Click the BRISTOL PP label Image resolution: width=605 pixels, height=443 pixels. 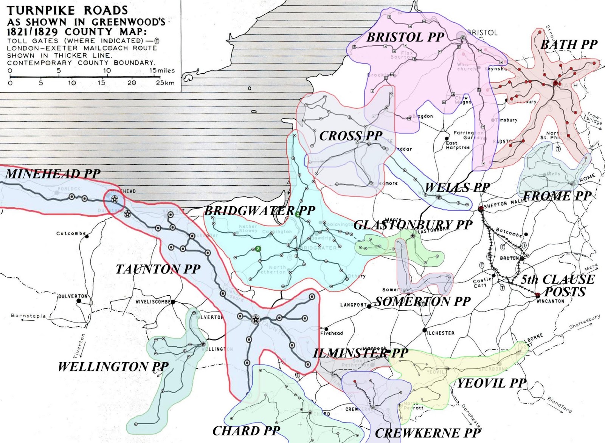405,37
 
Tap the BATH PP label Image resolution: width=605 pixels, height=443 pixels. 569,45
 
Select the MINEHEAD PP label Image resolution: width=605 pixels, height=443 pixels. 53,174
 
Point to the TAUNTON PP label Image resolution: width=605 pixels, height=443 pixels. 158,269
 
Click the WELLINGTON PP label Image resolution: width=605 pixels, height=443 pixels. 113,367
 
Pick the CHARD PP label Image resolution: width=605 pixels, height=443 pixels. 247,431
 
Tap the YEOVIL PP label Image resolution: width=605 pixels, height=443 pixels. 492,384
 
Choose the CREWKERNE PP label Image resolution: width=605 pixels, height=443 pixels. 428,433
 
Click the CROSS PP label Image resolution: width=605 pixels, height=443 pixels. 351,136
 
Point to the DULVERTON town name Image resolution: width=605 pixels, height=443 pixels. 73,296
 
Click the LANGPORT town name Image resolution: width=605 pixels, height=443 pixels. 354,305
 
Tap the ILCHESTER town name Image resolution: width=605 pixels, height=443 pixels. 441,333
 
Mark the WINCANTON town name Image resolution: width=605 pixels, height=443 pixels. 550,301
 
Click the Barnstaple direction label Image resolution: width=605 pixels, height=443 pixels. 28,316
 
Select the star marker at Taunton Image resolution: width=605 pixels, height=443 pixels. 256,320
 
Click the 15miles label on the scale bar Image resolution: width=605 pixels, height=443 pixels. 162,71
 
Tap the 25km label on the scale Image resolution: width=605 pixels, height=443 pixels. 165,83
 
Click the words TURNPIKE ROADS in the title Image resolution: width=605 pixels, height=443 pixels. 67,10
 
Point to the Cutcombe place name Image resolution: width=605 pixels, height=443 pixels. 71,233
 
